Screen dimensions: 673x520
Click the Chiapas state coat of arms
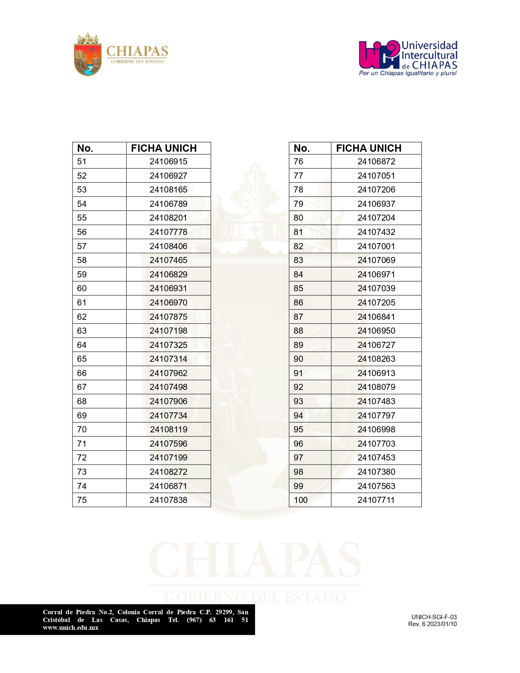pos(87,55)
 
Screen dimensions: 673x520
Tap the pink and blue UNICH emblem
pos(379,55)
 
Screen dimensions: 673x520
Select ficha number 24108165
pos(168,190)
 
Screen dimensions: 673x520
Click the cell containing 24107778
pos(168,232)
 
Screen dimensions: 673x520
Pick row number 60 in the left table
pos(82,288)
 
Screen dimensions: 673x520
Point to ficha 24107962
pos(168,373)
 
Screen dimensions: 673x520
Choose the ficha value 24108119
pos(168,429)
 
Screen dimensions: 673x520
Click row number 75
pos(82,500)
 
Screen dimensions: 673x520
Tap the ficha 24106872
pos(376,162)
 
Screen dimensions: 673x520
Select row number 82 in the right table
pos(299,246)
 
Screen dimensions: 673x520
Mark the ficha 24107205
pos(376,303)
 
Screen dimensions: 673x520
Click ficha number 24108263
pos(376,359)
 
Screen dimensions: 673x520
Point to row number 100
pos(301,500)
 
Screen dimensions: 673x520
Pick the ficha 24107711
pos(376,500)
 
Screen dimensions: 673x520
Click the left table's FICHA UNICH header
pos(164,148)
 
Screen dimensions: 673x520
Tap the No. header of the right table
pos(302,148)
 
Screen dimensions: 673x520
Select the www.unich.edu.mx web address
pos(71,628)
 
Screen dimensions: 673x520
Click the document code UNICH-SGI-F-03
pos(434,617)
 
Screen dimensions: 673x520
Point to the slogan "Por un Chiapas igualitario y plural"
pos(407,73)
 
